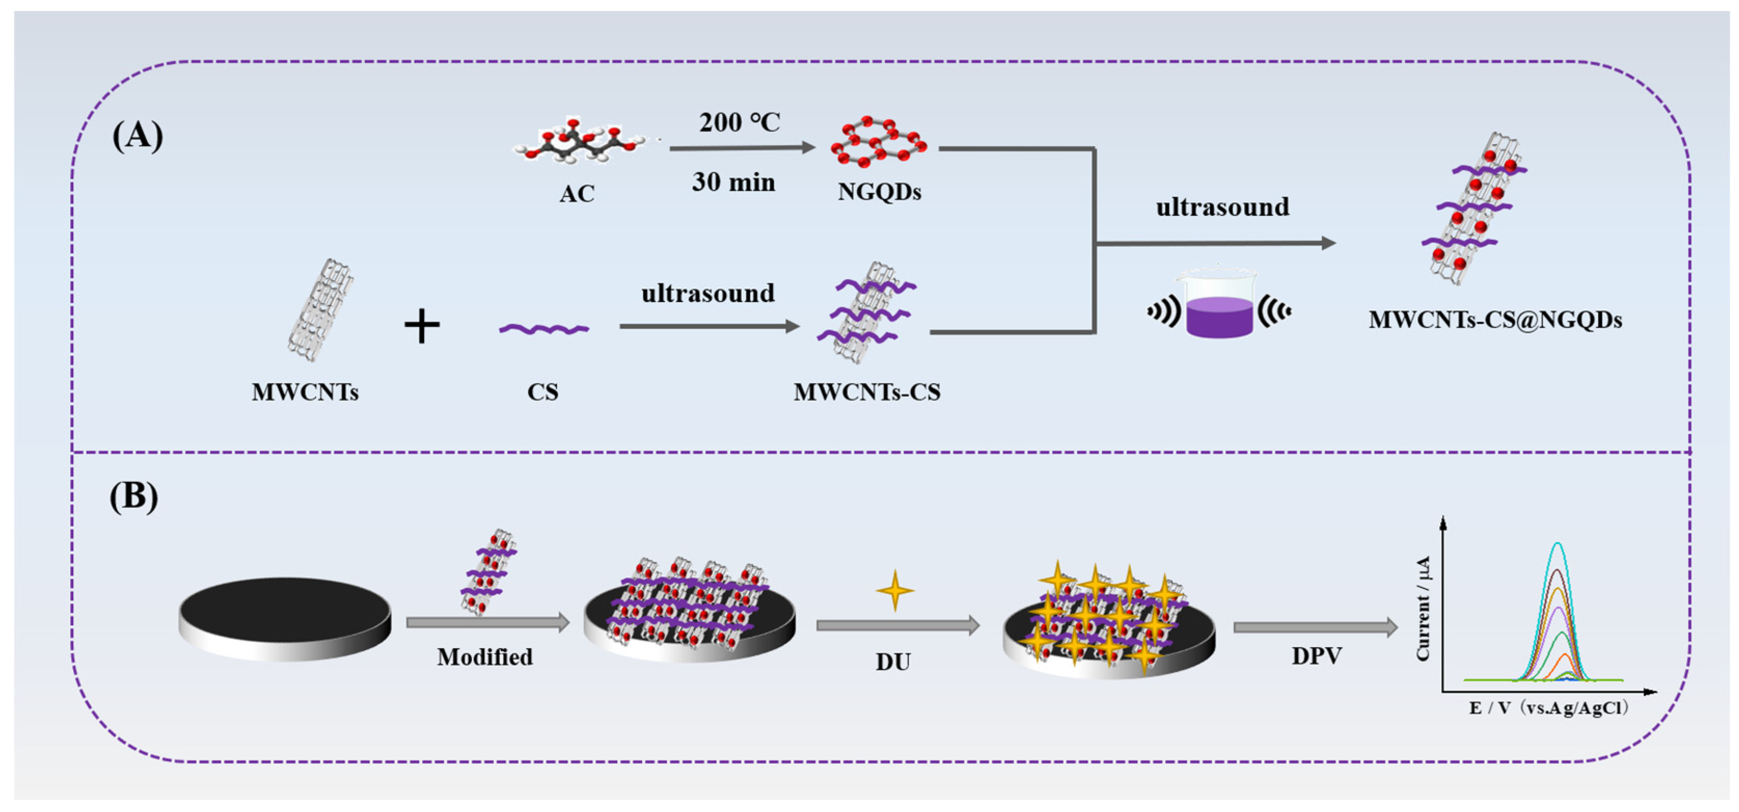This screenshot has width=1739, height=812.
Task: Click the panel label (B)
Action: click(134, 497)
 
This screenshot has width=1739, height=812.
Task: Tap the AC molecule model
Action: click(579, 142)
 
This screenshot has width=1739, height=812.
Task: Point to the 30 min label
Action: click(733, 182)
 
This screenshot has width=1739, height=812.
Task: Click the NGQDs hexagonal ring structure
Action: click(878, 142)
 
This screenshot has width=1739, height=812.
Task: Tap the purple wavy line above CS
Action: click(543, 329)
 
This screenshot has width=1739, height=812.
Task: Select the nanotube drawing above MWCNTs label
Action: click(321, 310)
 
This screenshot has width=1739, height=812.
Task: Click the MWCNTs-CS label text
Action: click(867, 392)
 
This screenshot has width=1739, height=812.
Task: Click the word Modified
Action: click(485, 657)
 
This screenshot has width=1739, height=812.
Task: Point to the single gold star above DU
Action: click(895, 590)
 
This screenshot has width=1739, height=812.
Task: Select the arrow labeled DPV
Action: click(1315, 628)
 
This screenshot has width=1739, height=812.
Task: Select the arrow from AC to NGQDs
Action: click(742, 148)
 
